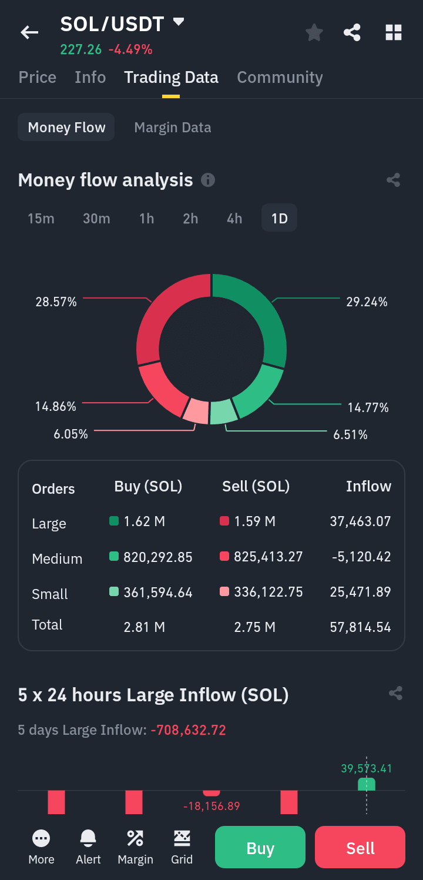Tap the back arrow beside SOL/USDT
click(29, 32)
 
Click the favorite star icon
click(314, 32)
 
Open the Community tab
click(280, 78)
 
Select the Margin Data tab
click(173, 128)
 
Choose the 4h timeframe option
click(234, 219)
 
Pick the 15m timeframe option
click(41, 219)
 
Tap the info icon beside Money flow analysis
click(208, 180)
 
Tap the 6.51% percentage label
click(350, 435)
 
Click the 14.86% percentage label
click(56, 407)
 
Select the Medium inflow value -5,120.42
click(361, 557)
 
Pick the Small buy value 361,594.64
click(158, 592)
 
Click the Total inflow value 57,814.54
click(361, 627)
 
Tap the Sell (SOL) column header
click(256, 487)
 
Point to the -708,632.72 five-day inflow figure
click(189, 730)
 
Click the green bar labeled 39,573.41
click(367, 784)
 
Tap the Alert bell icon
click(88, 839)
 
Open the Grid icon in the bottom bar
click(182, 839)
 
